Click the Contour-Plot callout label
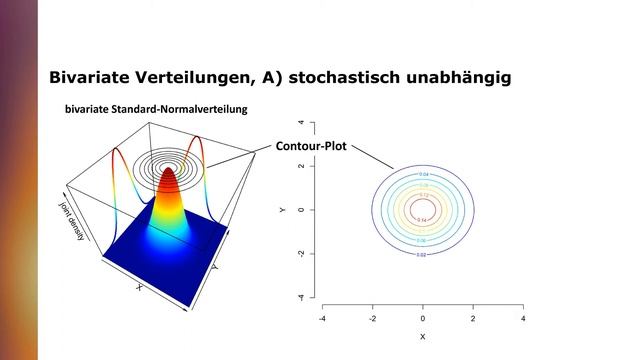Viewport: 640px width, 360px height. coord(312,146)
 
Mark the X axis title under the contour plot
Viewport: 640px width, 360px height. coord(423,337)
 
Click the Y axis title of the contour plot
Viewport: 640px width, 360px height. coord(283,210)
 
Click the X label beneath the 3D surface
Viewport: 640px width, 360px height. coord(139,287)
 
